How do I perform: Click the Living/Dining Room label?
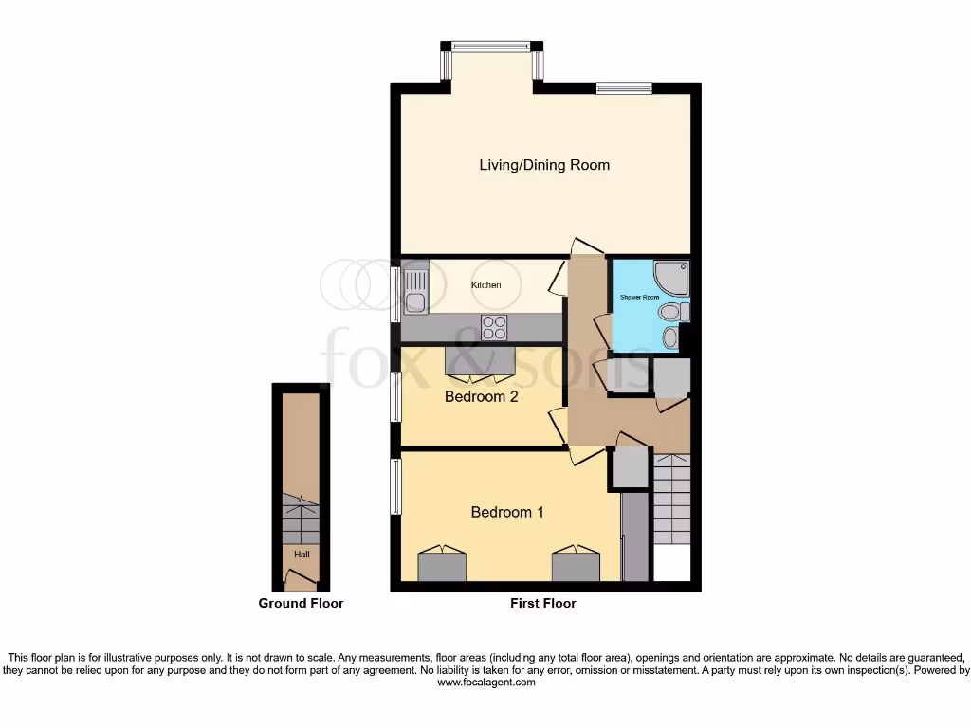click(x=543, y=165)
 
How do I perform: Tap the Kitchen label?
click(x=485, y=284)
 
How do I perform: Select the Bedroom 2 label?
click(x=481, y=396)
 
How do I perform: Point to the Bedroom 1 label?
click(x=507, y=512)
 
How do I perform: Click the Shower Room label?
click(x=639, y=298)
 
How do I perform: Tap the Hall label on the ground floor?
click(x=301, y=555)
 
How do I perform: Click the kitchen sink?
click(x=414, y=290)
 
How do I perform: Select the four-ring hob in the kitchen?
click(x=494, y=327)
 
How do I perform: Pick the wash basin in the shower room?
click(x=670, y=337)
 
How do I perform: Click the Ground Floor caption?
click(x=301, y=603)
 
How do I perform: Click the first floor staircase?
click(x=671, y=498)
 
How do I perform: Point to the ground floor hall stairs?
click(x=301, y=520)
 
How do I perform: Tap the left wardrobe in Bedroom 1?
click(x=442, y=566)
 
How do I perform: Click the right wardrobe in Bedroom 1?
click(x=576, y=566)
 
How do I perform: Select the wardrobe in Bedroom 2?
click(x=481, y=361)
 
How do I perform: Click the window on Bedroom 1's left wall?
click(x=396, y=486)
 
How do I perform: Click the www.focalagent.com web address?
click(x=485, y=682)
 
